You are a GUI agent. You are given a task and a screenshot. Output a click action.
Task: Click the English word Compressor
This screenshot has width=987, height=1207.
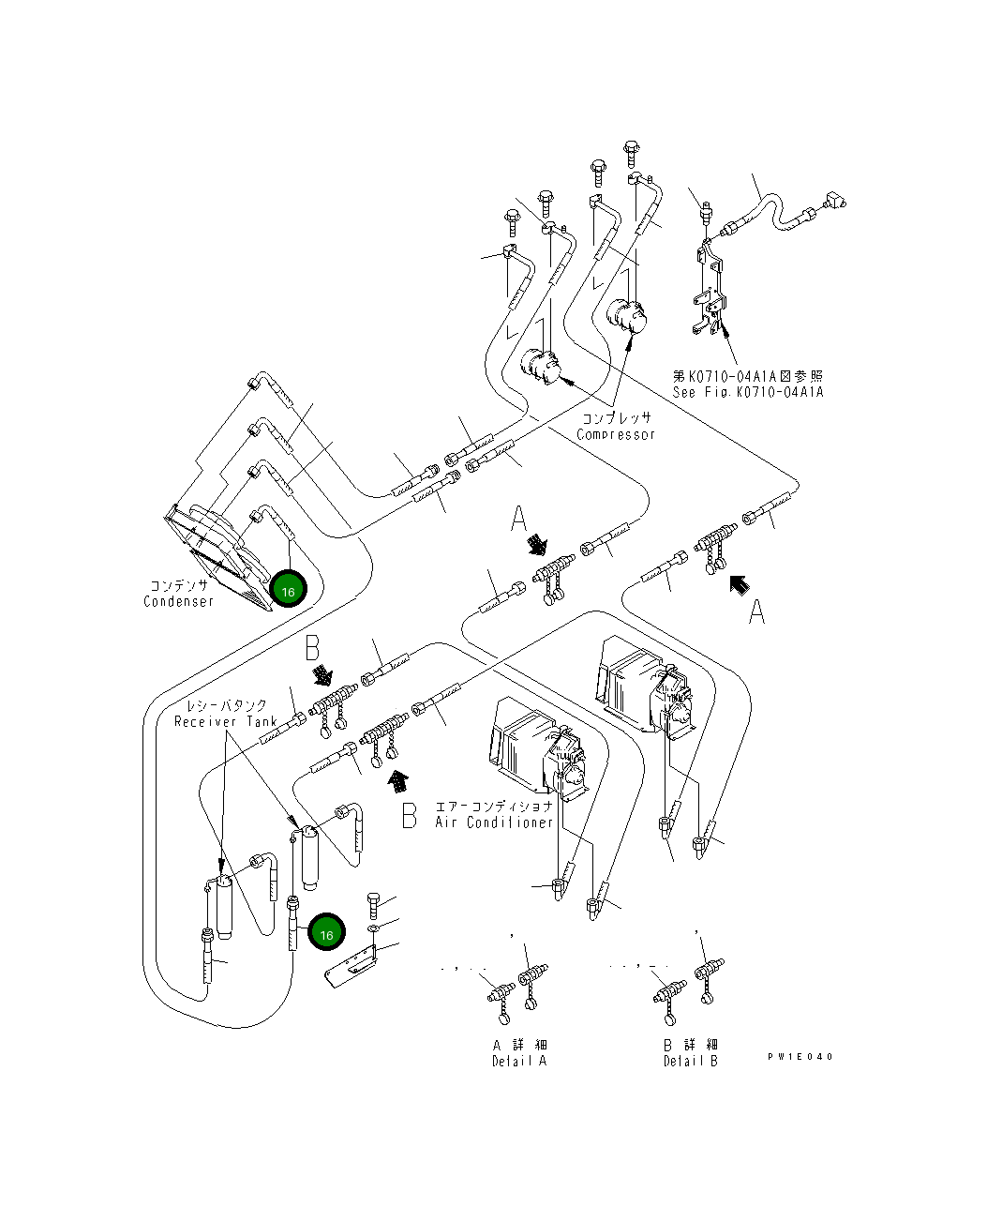pyautogui.click(x=615, y=434)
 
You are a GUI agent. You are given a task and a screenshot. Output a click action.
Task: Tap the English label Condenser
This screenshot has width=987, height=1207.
pyautogui.click(x=179, y=601)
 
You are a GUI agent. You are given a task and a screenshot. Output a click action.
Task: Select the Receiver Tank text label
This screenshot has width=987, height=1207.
pyautogui.click(x=225, y=721)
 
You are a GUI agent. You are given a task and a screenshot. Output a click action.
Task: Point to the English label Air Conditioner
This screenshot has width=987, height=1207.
pyautogui.click(x=494, y=822)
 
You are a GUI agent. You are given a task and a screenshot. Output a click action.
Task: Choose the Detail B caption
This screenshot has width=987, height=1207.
pyautogui.click(x=690, y=1061)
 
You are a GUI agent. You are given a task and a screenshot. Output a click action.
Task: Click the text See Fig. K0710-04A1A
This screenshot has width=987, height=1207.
pyautogui.click(x=747, y=392)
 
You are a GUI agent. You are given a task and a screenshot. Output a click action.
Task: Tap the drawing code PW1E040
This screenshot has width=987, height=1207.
pyautogui.click(x=800, y=1057)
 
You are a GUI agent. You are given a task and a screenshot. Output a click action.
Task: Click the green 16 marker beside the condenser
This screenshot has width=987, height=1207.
pyautogui.click(x=288, y=591)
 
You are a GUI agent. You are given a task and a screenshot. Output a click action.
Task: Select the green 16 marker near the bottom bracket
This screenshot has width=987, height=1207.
pyautogui.click(x=326, y=934)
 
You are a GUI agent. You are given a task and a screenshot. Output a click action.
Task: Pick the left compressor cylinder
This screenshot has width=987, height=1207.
pyautogui.click(x=539, y=365)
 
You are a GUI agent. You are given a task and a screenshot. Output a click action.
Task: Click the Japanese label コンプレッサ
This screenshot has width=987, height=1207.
pyautogui.click(x=616, y=418)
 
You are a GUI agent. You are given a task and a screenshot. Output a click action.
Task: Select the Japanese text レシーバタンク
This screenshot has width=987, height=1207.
pyautogui.click(x=226, y=704)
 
